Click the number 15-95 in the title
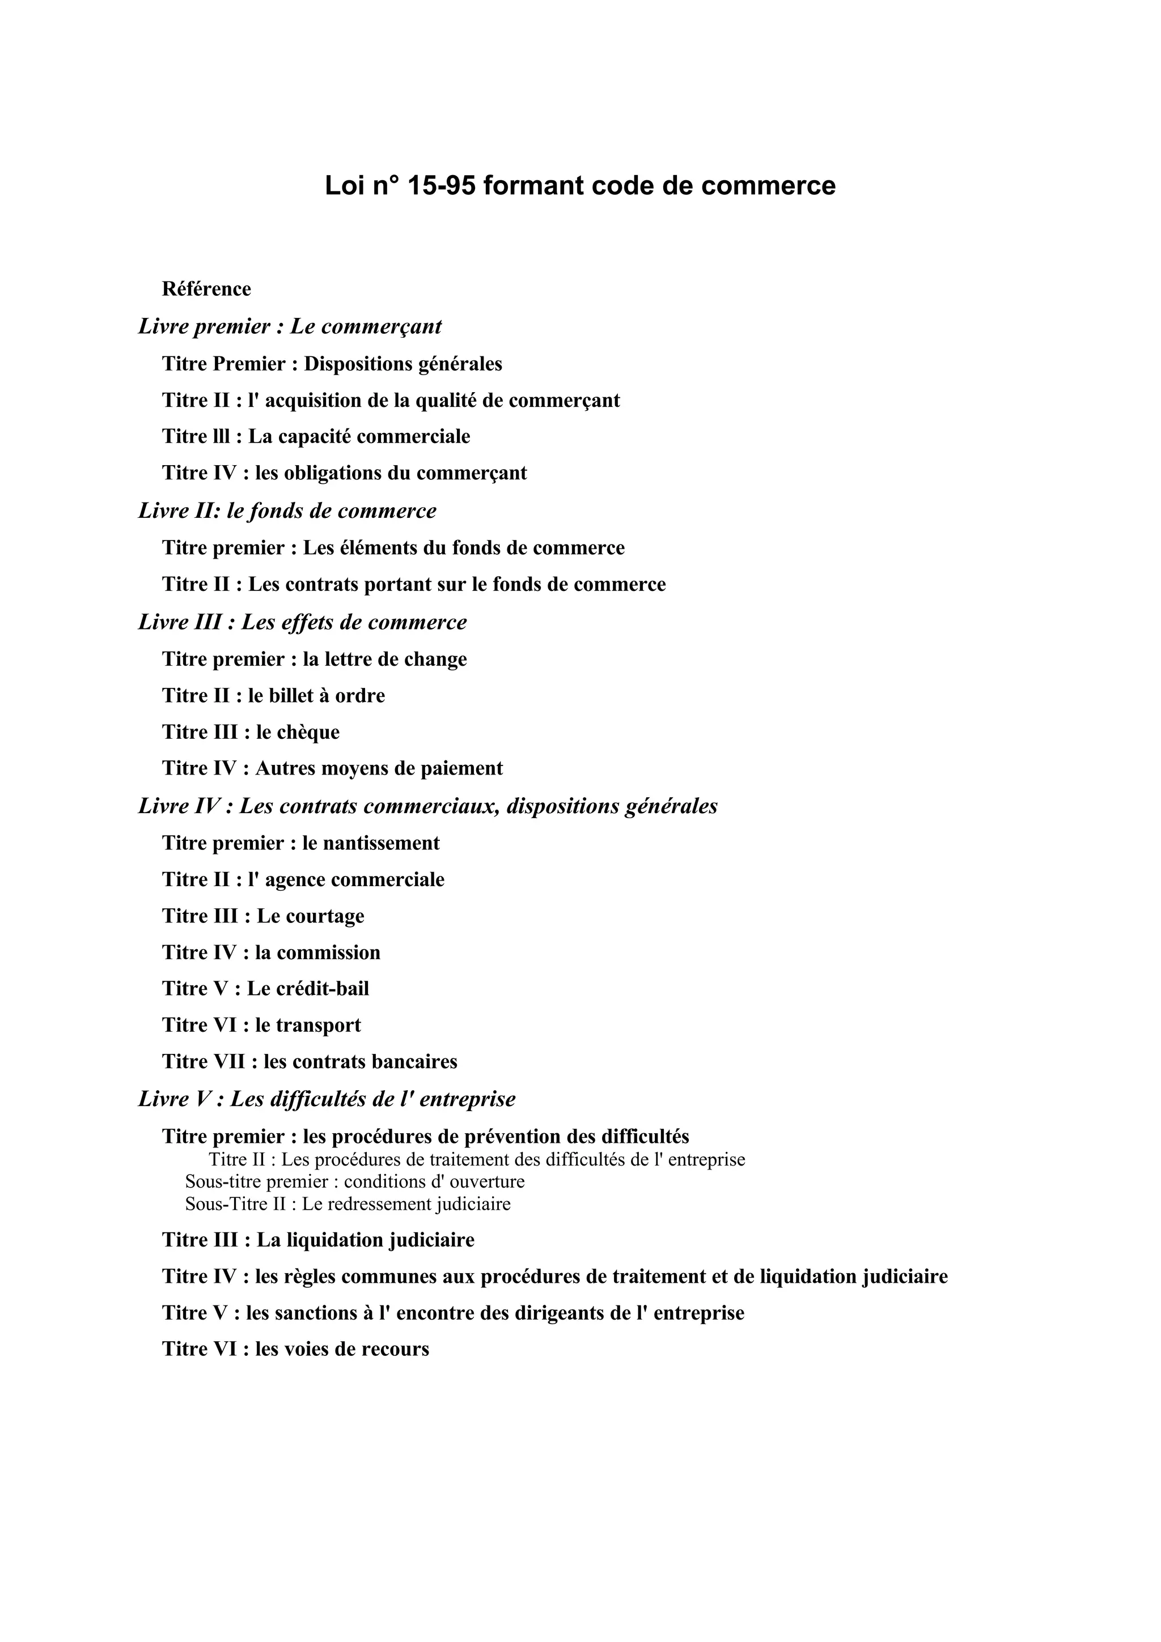[440, 186]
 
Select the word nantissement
[382, 843]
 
